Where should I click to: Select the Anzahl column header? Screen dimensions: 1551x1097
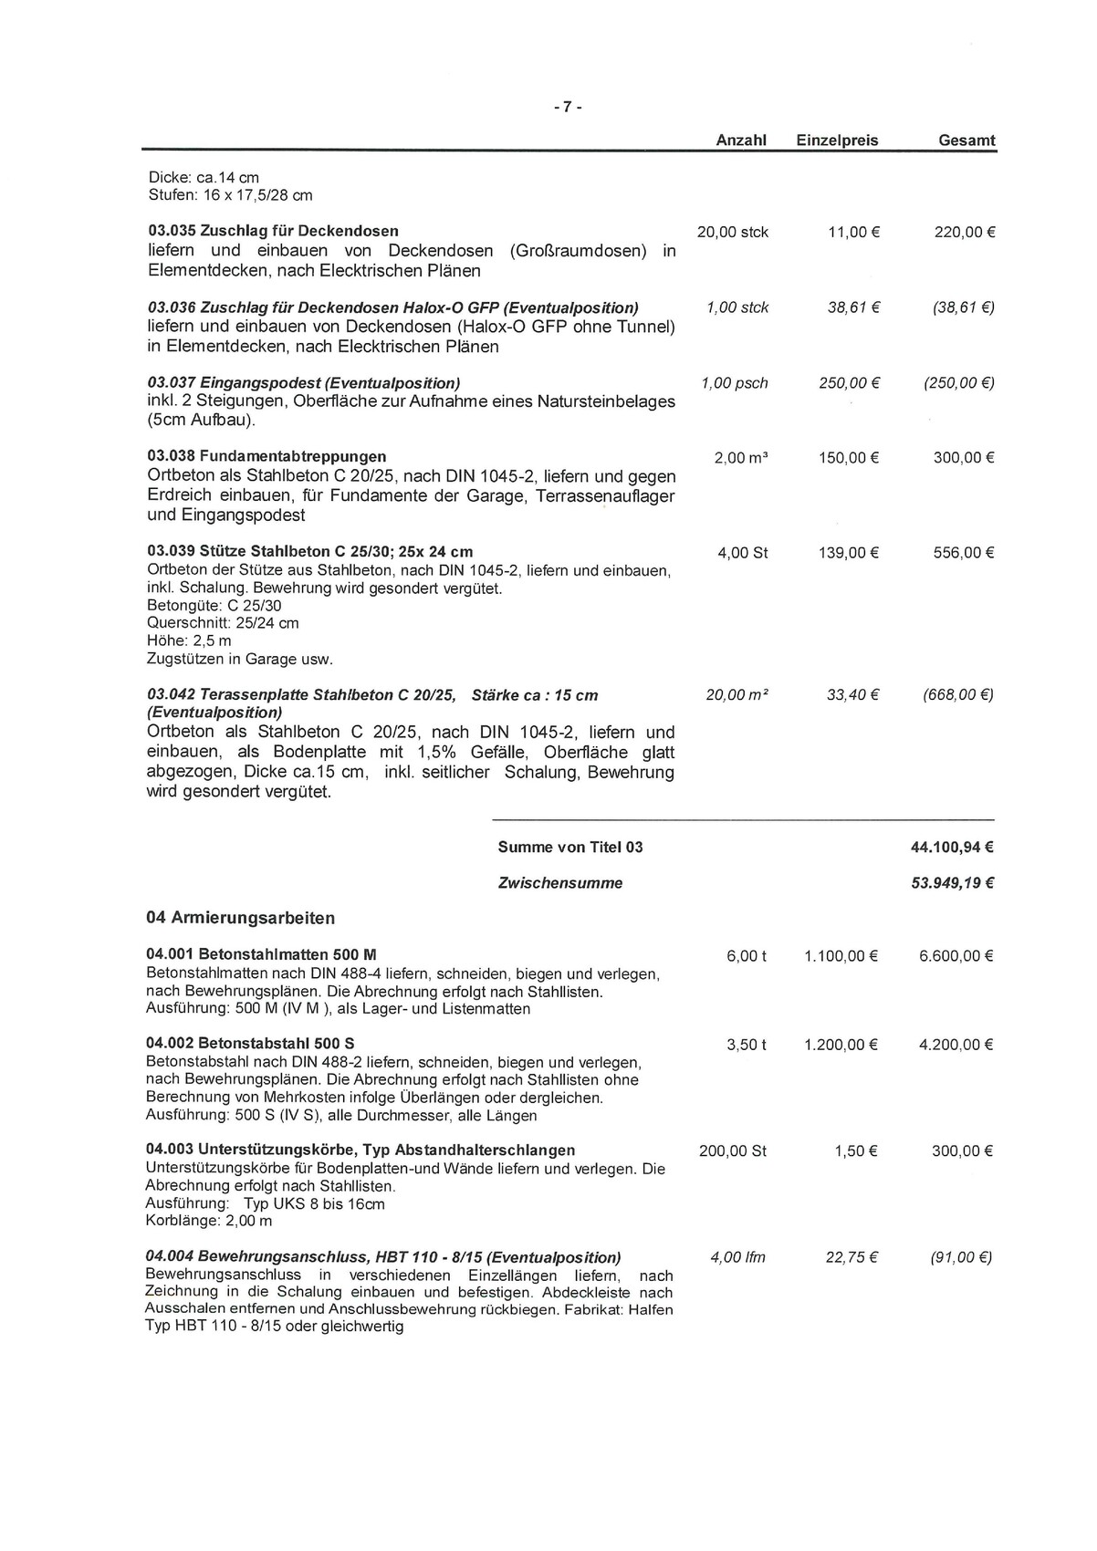[740, 141]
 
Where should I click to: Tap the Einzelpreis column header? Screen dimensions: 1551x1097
[837, 141]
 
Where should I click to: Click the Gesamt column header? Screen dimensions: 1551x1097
[966, 141]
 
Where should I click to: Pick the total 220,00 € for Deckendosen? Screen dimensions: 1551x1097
[964, 233]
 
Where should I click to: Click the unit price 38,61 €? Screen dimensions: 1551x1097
[852, 308]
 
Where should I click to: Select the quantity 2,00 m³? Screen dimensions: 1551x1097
[740, 458]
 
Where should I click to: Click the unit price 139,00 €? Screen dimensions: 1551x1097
[849, 553]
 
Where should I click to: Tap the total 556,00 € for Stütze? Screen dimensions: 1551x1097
[963, 553]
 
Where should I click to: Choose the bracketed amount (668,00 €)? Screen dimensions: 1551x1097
[958, 695]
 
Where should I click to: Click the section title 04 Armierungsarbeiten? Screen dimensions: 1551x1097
[240, 918]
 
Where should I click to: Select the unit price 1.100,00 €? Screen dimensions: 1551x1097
[841, 956]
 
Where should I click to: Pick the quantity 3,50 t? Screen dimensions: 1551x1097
[747, 1045]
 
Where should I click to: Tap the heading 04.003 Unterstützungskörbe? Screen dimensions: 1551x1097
[360, 1150]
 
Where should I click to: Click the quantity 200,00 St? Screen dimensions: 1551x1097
[732, 1151]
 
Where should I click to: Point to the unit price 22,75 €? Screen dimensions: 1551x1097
[851, 1257]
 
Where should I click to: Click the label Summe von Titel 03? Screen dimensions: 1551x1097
[569, 848]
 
